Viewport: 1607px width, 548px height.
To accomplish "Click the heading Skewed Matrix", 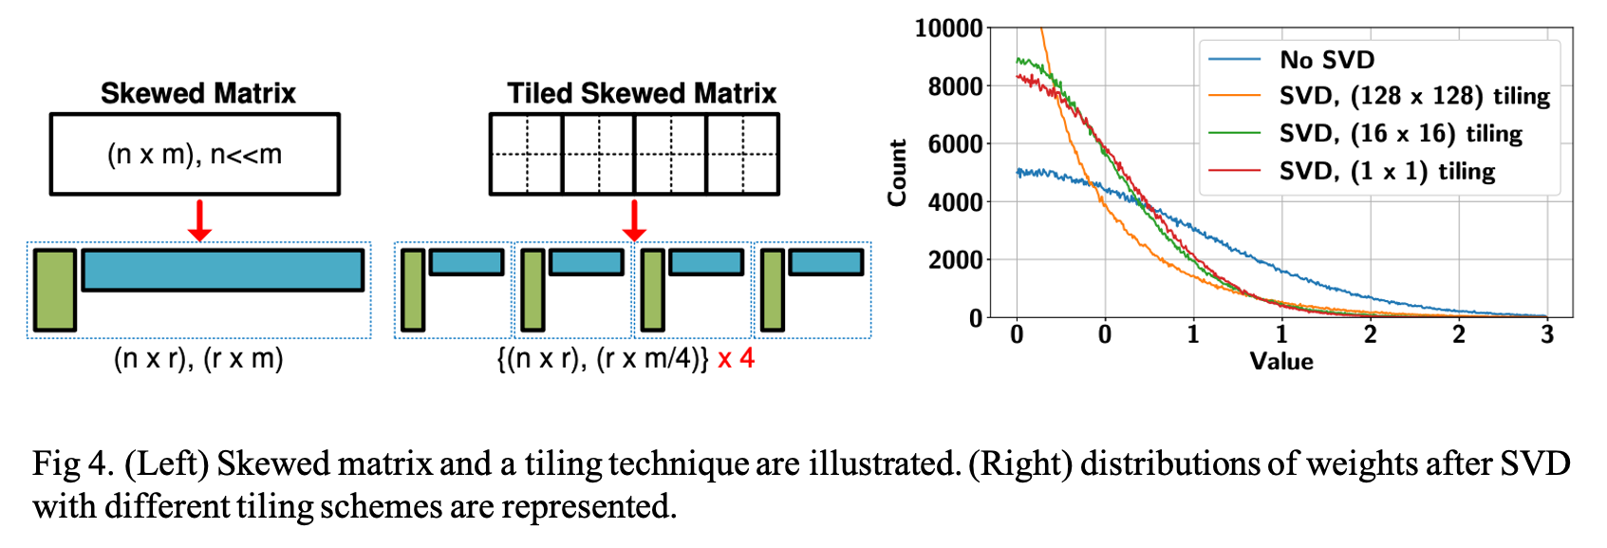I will [197, 93].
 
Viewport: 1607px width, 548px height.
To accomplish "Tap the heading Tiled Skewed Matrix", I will [642, 93].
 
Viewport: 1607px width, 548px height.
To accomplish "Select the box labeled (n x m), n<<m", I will [195, 154].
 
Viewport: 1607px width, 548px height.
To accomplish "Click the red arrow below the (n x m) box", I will [199, 220].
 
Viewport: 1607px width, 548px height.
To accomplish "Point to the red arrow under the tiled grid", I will [634, 220].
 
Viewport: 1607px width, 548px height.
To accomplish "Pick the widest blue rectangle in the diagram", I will [223, 270].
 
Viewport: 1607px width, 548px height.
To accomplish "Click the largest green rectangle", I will [54, 290].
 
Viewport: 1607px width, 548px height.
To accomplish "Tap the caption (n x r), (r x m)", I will [198, 359].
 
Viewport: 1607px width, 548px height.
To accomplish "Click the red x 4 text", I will [737, 359].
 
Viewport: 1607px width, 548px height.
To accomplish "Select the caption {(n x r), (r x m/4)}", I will [603, 359].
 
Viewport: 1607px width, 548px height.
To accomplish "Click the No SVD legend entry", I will [1326, 60].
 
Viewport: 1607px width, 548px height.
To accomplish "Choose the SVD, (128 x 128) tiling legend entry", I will [1413, 96].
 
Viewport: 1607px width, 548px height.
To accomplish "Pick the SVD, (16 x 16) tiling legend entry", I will [1400, 133].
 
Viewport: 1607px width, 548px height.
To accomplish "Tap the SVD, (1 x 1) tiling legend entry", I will [1387, 171].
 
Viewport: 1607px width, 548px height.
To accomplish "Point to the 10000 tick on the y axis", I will [948, 28].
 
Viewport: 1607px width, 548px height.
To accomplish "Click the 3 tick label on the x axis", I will [1547, 334].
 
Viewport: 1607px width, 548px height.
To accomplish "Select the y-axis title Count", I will [897, 173].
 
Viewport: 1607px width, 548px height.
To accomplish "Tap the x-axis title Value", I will [1281, 362].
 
